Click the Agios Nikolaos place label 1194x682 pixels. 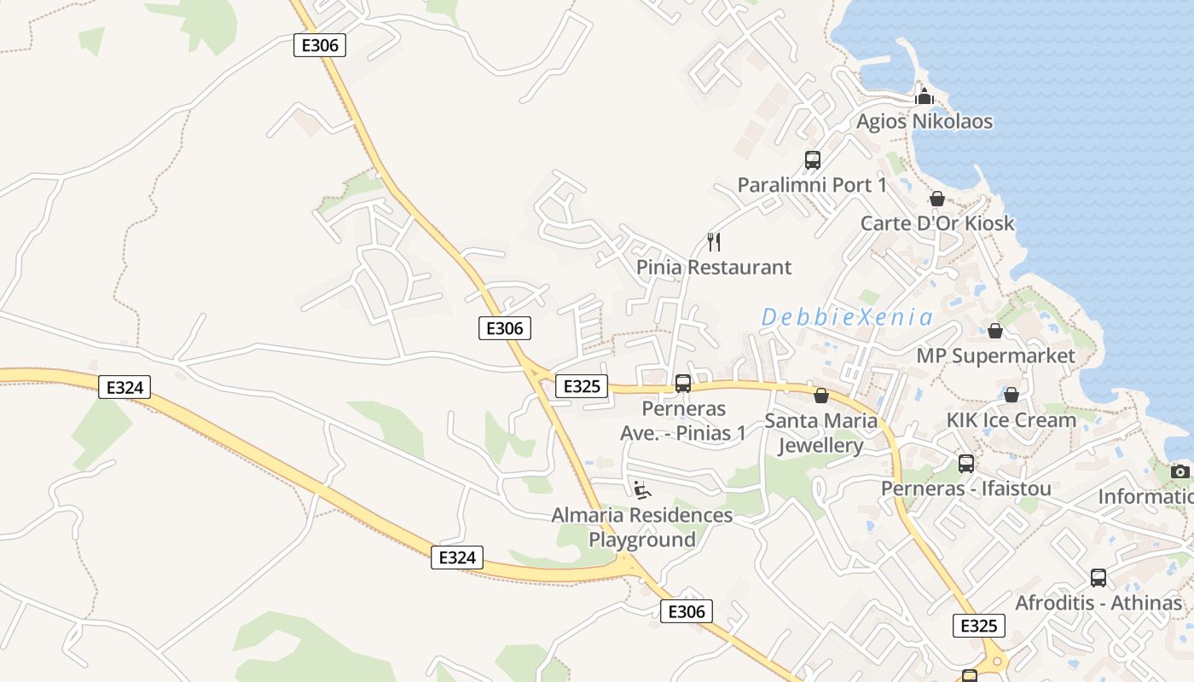click(x=924, y=121)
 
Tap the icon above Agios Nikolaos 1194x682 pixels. click(x=924, y=96)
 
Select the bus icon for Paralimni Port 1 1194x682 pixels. click(x=812, y=159)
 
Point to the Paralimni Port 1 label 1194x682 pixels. click(x=812, y=185)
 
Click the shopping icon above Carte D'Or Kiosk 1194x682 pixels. click(x=937, y=199)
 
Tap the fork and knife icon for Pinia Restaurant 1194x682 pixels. click(x=714, y=242)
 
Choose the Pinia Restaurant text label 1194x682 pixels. click(x=714, y=268)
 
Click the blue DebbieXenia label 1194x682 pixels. click(x=847, y=318)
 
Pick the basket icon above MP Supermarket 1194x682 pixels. click(x=995, y=331)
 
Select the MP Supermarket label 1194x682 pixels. click(x=995, y=355)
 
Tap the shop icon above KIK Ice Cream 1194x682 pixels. click(x=1011, y=395)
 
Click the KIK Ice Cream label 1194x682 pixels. click(x=1011, y=420)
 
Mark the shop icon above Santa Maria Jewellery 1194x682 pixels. click(x=821, y=396)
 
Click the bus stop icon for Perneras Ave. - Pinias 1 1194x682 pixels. click(x=683, y=384)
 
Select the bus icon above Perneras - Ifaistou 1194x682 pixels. click(x=965, y=464)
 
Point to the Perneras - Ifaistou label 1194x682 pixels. click(x=965, y=489)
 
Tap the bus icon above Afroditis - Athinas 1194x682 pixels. click(x=1098, y=578)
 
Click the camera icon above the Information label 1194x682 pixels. click(x=1180, y=471)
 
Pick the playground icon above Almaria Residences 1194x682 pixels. click(x=642, y=489)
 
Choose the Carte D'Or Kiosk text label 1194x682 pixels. click(x=937, y=223)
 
